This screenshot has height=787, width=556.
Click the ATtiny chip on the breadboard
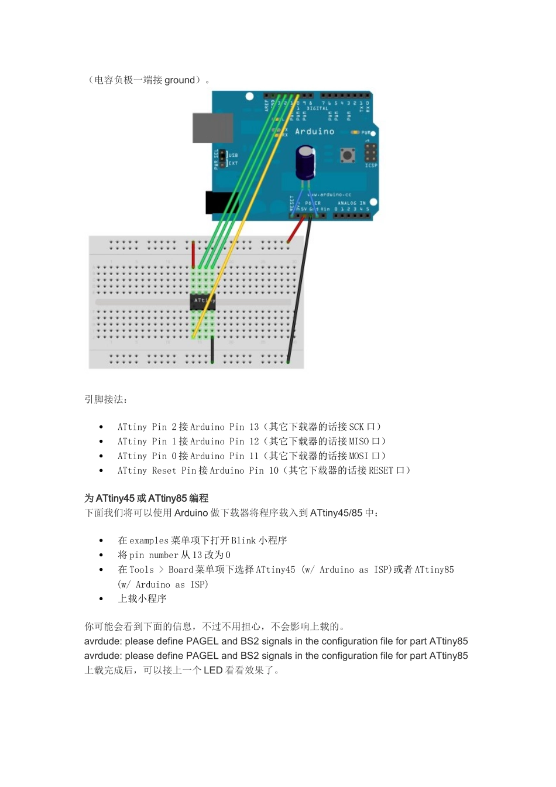[x=203, y=301]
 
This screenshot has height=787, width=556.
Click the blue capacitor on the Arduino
[x=305, y=163]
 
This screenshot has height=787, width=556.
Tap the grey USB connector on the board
[x=212, y=128]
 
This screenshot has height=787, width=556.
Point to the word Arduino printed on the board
[x=314, y=132]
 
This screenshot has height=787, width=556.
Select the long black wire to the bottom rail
[x=298, y=287]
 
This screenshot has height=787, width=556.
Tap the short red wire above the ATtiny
[x=193, y=254]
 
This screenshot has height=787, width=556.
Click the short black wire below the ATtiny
[x=212, y=350]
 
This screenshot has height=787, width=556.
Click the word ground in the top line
[x=180, y=80]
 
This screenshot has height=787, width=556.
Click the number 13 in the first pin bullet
[x=254, y=427]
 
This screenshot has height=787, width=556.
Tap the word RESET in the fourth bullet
[x=381, y=471]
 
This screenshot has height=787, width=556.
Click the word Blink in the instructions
[x=243, y=540]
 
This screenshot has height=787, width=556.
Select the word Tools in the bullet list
[x=142, y=570]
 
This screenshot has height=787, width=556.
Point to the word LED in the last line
[x=213, y=670]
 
